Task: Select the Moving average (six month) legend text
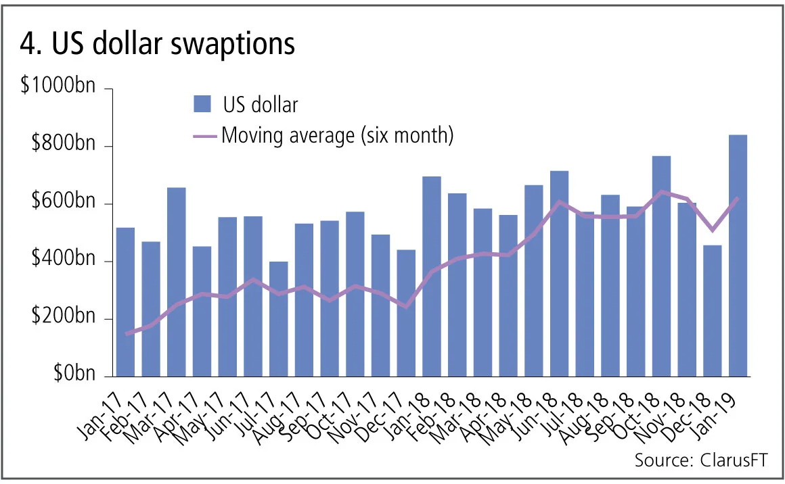point(336,135)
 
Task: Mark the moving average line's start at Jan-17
point(126,334)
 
